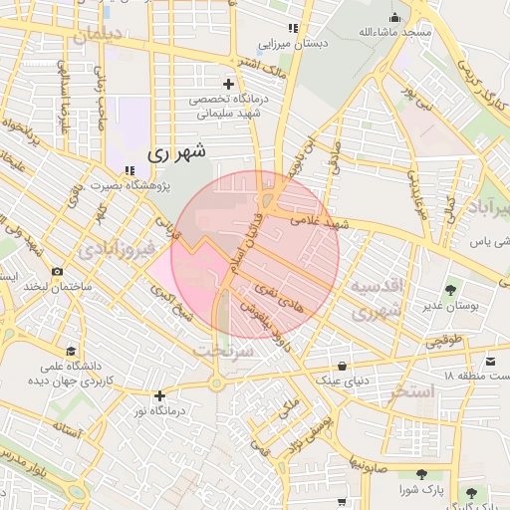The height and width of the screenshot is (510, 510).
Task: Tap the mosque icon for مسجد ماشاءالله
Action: (395, 17)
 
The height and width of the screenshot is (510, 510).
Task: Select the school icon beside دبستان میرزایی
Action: (292, 29)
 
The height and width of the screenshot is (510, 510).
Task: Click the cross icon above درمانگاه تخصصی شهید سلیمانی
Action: (229, 84)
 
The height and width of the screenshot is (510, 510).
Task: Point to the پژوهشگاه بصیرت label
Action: (130, 186)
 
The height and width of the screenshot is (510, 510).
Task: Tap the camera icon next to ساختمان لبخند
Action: (57, 272)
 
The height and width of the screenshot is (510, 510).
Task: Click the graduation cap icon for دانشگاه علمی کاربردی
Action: (71, 351)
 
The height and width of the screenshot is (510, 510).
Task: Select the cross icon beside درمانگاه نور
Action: (158, 395)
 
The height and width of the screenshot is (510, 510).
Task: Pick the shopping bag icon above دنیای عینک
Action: (344, 365)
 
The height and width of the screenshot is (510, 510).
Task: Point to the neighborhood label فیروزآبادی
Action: (119, 246)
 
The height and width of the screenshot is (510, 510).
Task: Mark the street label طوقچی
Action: (444, 340)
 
